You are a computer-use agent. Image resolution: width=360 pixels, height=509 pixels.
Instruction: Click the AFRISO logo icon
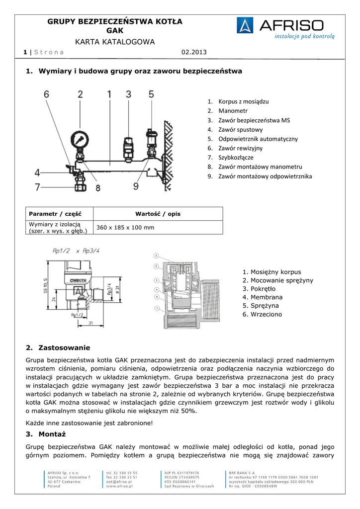click(x=245, y=26)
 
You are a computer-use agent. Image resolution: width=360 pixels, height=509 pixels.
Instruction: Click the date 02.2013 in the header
click(x=193, y=52)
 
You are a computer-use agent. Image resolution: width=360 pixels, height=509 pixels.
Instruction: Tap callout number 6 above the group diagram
click(x=46, y=94)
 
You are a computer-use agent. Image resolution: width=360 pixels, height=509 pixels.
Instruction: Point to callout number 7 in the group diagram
click(x=37, y=187)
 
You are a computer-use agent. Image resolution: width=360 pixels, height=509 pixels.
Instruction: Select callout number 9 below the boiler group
click(x=136, y=186)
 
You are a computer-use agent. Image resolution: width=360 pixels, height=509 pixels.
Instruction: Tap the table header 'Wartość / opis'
click(x=158, y=214)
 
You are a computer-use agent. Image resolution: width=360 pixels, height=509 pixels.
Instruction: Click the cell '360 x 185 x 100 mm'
click(x=125, y=227)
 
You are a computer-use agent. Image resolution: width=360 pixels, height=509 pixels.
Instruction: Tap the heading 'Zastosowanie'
click(x=64, y=347)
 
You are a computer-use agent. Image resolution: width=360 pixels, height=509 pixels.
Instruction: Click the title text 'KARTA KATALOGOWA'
click(x=115, y=42)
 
